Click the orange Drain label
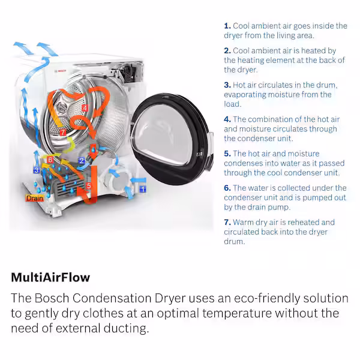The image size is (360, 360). click(x=35, y=198)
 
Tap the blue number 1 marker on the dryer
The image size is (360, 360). click(x=143, y=189)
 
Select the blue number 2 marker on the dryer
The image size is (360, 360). click(x=82, y=161)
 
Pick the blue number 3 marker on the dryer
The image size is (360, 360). click(x=37, y=170)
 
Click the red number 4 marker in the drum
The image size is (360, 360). click(x=85, y=108)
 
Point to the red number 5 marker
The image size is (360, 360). click(x=89, y=186)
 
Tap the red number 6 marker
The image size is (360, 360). click(x=50, y=160)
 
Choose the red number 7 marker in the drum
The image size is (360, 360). click(x=62, y=132)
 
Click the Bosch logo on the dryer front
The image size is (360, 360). click(x=60, y=71)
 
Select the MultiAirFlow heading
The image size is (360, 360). click(x=50, y=277)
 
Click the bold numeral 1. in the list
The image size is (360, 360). click(x=227, y=26)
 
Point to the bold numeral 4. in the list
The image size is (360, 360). click(x=227, y=119)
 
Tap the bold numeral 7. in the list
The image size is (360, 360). click(x=227, y=222)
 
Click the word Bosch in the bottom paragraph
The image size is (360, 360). click(x=52, y=298)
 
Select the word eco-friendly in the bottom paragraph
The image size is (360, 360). click(x=267, y=299)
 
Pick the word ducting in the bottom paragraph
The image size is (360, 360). click(x=125, y=329)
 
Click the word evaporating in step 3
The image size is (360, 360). click(x=245, y=95)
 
